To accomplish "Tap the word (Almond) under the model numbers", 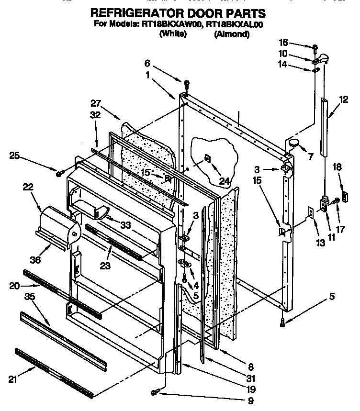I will (x=232, y=34).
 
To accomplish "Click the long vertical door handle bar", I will (x=325, y=126).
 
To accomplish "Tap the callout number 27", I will (x=96, y=103).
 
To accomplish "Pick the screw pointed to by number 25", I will (x=59, y=173).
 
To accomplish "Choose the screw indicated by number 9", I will (x=154, y=392).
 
